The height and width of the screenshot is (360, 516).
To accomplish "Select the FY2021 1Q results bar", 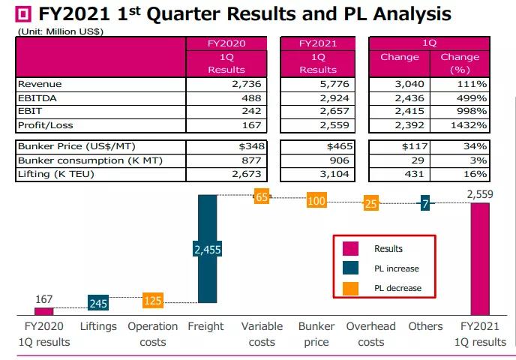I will [x=479, y=259].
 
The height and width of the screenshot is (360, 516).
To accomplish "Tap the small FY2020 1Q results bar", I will [x=44, y=310].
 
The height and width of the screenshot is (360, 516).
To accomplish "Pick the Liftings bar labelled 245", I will [x=98, y=303].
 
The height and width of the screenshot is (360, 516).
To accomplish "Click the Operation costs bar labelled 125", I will [x=153, y=301].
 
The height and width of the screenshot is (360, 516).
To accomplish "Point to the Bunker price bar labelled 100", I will [x=316, y=201].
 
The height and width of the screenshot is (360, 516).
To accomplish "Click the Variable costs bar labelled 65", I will [x=261, y=197].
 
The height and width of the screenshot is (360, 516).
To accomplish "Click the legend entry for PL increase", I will [x=349, y=268].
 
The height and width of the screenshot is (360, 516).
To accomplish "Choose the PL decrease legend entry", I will [x=349, y=288].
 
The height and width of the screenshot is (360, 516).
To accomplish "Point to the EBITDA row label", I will [x=34, y=98].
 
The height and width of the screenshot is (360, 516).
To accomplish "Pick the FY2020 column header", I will [x=226, y=43].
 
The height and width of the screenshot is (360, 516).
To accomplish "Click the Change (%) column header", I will [x=460, y=63].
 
